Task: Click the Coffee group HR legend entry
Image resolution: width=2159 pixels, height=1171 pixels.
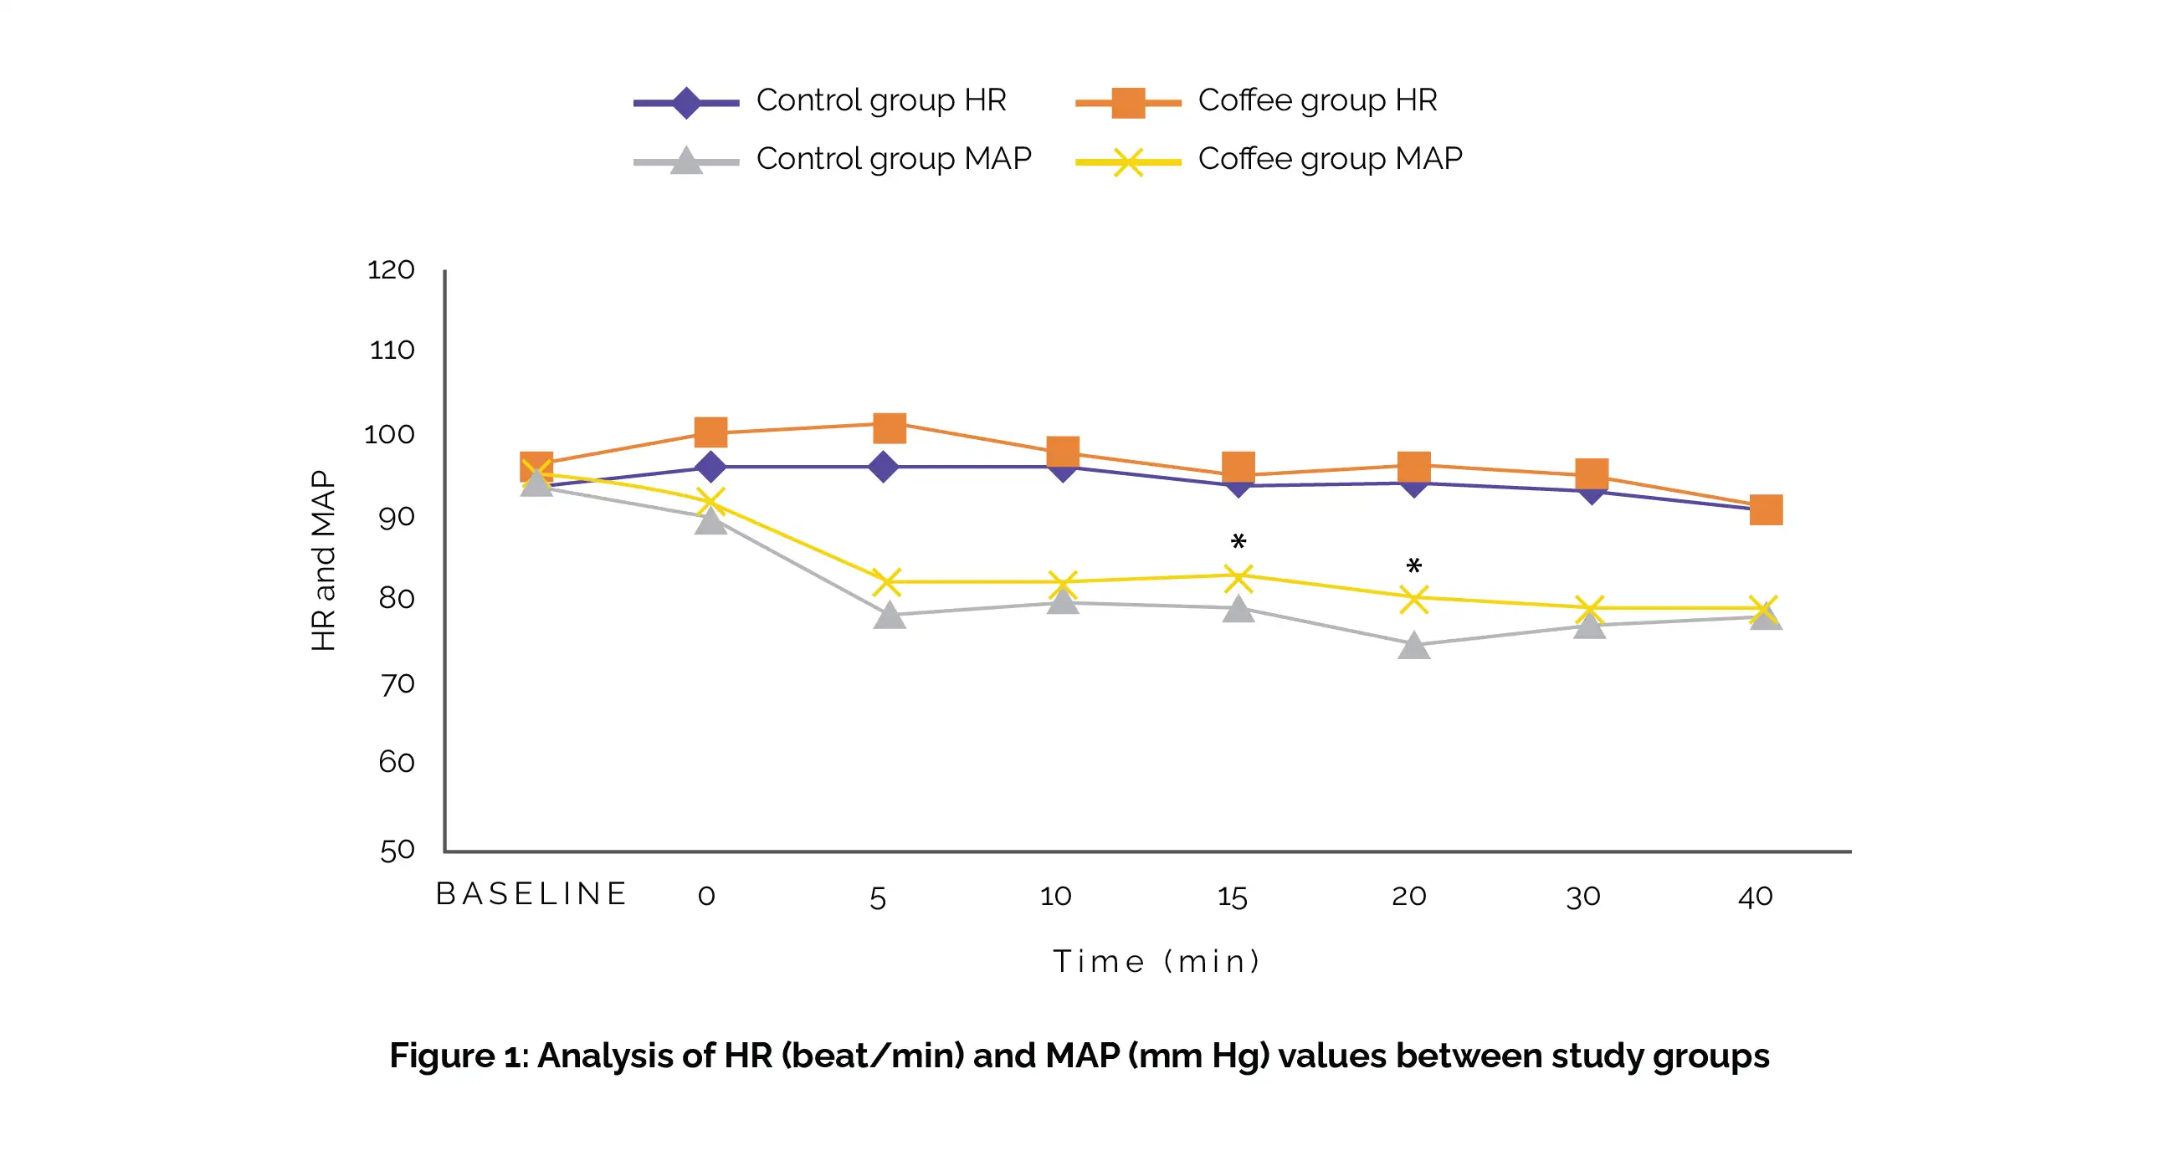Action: pos(1316,100)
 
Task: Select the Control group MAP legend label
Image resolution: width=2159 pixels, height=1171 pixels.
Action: pos(894,158)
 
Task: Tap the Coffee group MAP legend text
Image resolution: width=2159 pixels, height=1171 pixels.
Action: pos(1330,158)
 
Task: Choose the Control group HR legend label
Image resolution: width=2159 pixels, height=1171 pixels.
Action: pos(881,100)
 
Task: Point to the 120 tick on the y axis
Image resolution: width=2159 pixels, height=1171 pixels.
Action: pos(391,269)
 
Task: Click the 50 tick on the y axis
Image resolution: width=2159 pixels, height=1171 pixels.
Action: pos(397,851)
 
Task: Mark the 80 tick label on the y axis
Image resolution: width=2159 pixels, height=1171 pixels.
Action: pos(397,598)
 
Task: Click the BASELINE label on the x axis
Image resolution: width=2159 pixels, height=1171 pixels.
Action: pos(531,895)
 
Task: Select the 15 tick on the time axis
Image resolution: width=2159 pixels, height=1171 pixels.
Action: pos(1232,897)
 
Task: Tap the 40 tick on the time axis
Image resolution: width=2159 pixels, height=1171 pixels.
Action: pos(1755,897)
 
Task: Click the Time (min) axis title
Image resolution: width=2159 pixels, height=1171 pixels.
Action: pos(1156,962)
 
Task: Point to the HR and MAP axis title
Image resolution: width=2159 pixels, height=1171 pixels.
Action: pos(324,560)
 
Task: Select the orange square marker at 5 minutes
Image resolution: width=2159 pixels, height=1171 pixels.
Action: pos(890,428)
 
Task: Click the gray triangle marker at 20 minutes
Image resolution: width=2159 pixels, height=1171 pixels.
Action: pos(1414,645)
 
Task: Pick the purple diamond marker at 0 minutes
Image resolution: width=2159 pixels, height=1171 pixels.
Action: pos(710,467)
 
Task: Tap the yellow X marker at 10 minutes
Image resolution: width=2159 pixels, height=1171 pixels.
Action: pos(1063,583)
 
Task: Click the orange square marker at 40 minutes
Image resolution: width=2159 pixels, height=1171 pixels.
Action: pos(1766,509)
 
